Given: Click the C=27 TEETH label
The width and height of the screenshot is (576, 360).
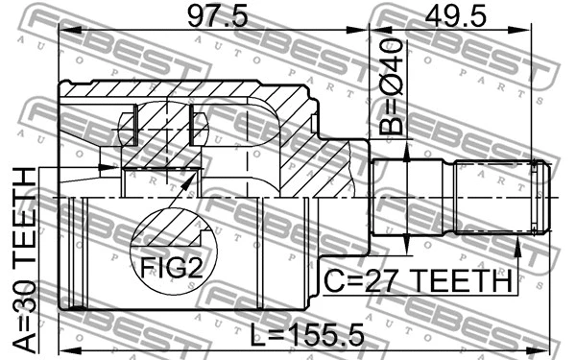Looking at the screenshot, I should click(x=416, y=282).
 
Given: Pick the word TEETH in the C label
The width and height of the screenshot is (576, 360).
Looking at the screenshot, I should click(x=458, y=282).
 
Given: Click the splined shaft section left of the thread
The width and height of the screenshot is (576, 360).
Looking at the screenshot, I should click(x=493, y=199).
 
